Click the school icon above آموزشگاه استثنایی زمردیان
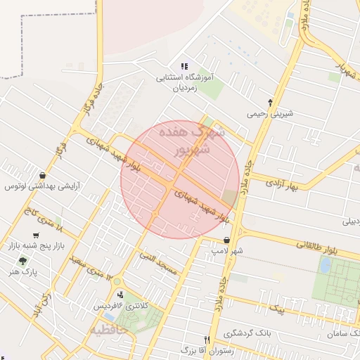pos(185,66)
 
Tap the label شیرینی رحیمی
pos(270,113)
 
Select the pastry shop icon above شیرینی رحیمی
pos(270,102)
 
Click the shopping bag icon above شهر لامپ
pos(226,240)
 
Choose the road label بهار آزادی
pos(282,185)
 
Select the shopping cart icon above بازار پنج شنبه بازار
pos(36,236)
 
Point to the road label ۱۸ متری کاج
pos(49,222)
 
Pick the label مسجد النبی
pos(162,263)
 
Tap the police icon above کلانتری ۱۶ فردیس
pos(120,295)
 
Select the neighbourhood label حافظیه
pos(108,329)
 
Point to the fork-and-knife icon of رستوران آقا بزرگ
pos(207,339)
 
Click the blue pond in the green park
pos(325,265)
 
